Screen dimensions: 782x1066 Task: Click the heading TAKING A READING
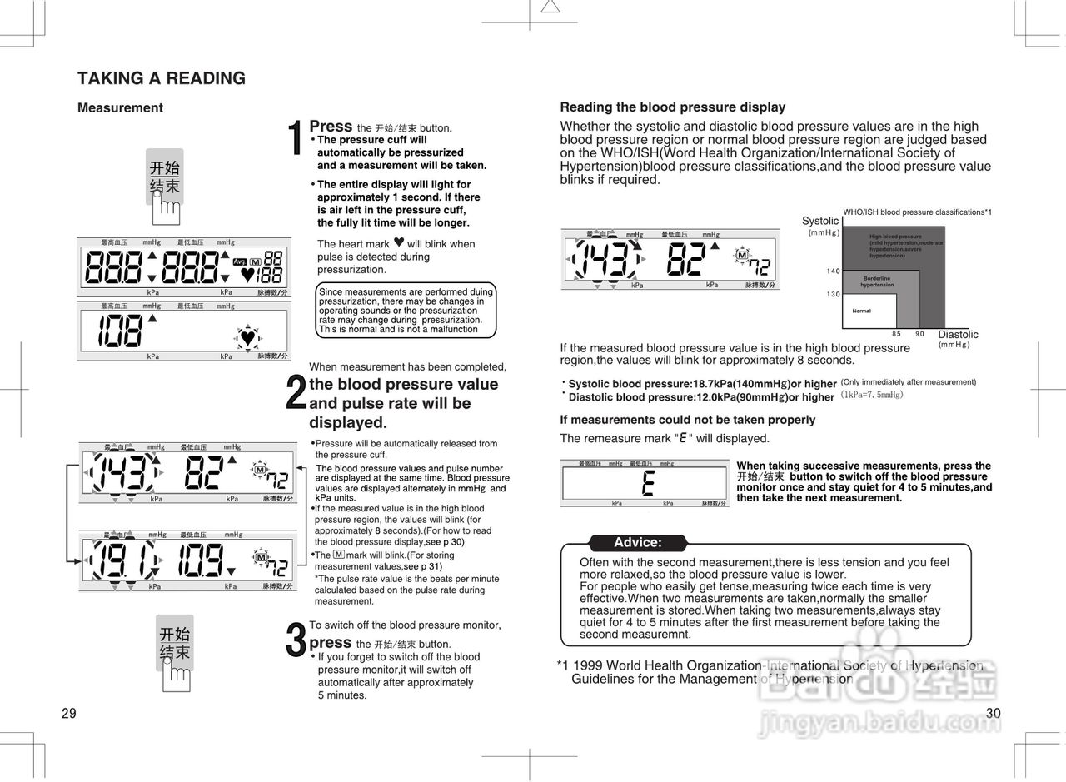[161, 78]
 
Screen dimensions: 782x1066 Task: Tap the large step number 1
[295, 138]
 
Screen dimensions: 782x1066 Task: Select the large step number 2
[295, 393]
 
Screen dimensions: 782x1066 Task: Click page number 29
[68, 714]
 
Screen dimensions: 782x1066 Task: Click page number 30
[992, 714]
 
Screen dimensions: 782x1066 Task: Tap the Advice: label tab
[637, 543]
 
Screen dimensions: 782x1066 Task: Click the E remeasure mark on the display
[647, 483]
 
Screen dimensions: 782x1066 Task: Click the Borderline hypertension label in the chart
[876, 281]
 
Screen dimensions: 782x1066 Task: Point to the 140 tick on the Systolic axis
[833, 271]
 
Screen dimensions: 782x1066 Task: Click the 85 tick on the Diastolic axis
[896, 334]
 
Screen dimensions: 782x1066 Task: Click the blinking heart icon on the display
[247, 338]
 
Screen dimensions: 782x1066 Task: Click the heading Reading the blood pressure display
[672, 107]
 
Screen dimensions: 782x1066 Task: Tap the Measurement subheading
[120, 108]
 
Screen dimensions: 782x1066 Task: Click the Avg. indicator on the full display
[239, 261]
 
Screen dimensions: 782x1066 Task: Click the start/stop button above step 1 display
[164, 177]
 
